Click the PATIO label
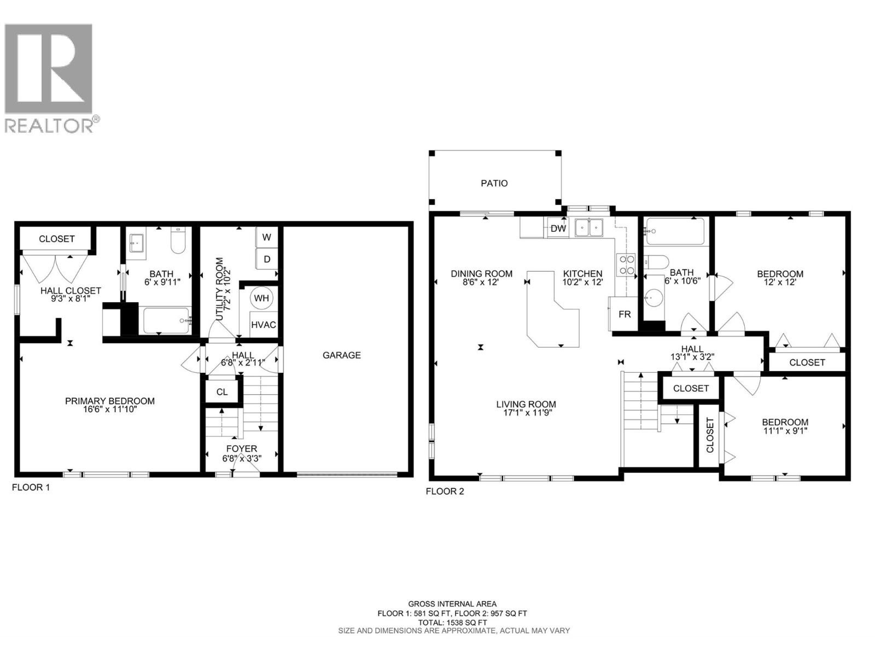(494, 183)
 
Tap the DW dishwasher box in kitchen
(558, 229)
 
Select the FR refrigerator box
(625, 314)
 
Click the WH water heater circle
(261, 298)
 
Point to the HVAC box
(263, 325)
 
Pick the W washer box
(267, 237)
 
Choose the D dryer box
(267, 259)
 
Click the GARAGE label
(341, 355)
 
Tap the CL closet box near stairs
(221, 392)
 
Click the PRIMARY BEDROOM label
(109, 401)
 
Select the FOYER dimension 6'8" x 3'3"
(242, 459)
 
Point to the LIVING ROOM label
(526, 405)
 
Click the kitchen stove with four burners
(626, 265)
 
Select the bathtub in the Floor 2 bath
(675, 232)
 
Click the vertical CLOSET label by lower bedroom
(710, 435)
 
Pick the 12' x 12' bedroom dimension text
(780, 283)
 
